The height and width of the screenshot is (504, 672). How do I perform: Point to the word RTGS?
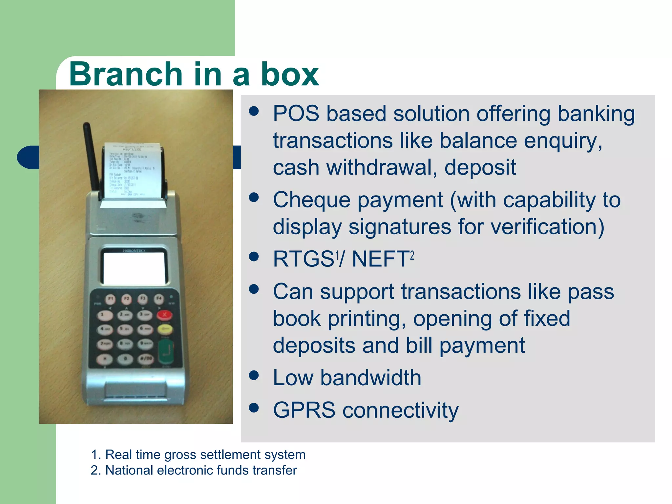[303, 259]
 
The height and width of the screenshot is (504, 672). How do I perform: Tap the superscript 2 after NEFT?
[412, 255]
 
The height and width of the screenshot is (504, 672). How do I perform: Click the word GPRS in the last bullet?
[304, 410]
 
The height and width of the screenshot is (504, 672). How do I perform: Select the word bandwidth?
[371, 378]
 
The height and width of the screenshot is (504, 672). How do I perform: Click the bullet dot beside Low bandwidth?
[254, 375]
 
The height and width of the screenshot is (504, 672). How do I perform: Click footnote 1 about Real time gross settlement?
[198, 455]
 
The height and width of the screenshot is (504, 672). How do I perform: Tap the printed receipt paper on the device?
[133, 171]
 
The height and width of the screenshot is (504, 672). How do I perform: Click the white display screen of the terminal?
[134, 268]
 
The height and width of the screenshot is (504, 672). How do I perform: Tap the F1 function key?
[111, 299]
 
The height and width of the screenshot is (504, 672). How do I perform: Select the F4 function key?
[159, 298]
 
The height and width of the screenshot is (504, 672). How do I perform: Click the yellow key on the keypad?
[165, 328]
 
